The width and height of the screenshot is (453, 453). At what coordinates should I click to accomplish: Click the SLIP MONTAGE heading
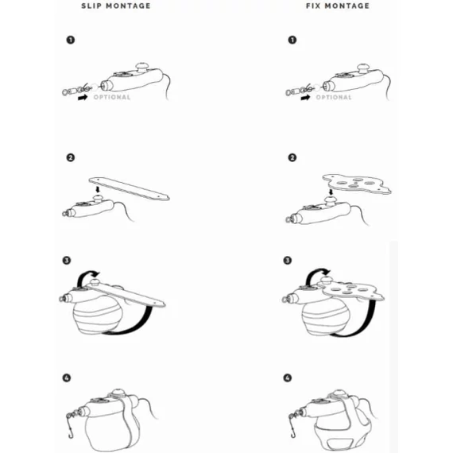(x=115, y=6)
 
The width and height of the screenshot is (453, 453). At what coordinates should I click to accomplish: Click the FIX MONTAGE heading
(x=337, y=6)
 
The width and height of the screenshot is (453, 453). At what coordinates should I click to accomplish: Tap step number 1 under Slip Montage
(x=70, y=40)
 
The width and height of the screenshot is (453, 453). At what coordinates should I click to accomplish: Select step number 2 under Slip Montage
(x=70, y=157)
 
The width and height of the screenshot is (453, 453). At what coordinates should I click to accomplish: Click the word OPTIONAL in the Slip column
(x=111, y=98)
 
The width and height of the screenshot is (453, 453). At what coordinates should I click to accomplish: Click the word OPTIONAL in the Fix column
(x=334, y=98)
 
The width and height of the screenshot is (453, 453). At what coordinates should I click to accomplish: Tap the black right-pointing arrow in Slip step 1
(x=82, y=99)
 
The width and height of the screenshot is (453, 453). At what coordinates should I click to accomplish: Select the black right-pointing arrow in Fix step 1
(x=304, y=99)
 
